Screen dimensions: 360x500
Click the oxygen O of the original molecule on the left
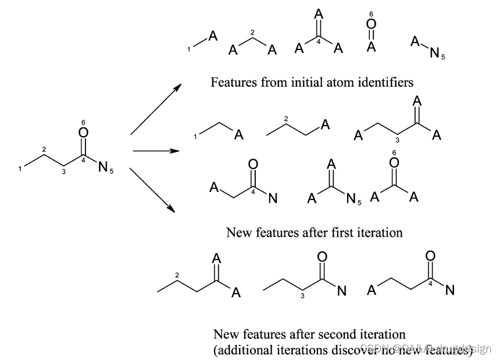[x=83, y=133]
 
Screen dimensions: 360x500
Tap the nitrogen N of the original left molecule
[x=102, y=167]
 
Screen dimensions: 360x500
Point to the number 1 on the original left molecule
[x=20, y=169]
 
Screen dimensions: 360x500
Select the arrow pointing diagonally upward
[x=155, y=109]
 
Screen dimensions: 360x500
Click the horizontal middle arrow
[x=155, y=151]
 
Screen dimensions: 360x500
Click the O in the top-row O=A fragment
[x=372, y=25]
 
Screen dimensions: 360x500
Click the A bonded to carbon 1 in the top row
[x=213, y=37]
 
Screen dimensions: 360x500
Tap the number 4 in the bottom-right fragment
[x=430, y=284]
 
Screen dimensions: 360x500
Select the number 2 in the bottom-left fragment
[x=177, y=274]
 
